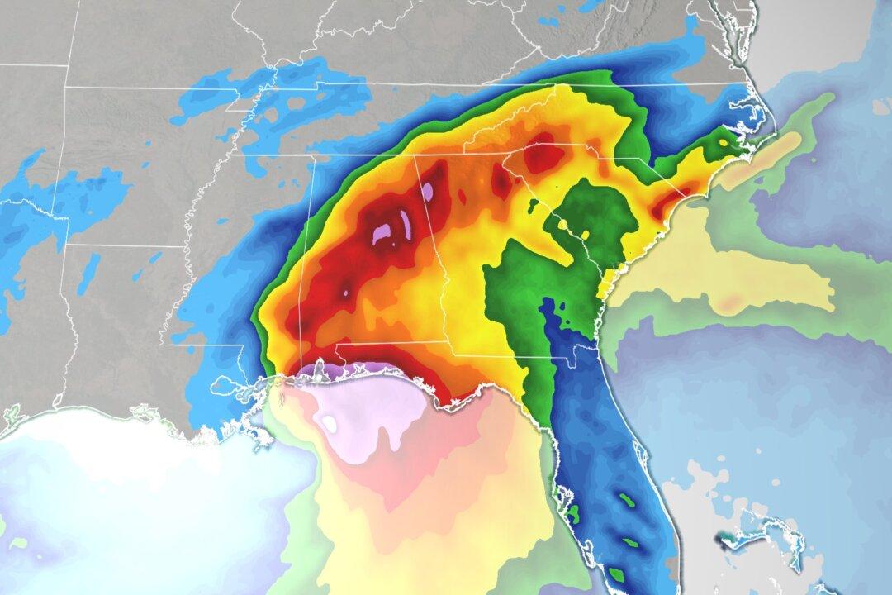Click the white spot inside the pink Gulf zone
tap(330, 424)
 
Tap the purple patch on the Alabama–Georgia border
tap(427, 193)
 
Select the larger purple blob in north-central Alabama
tap(385, 234)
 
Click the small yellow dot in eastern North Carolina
tap(724, 142)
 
